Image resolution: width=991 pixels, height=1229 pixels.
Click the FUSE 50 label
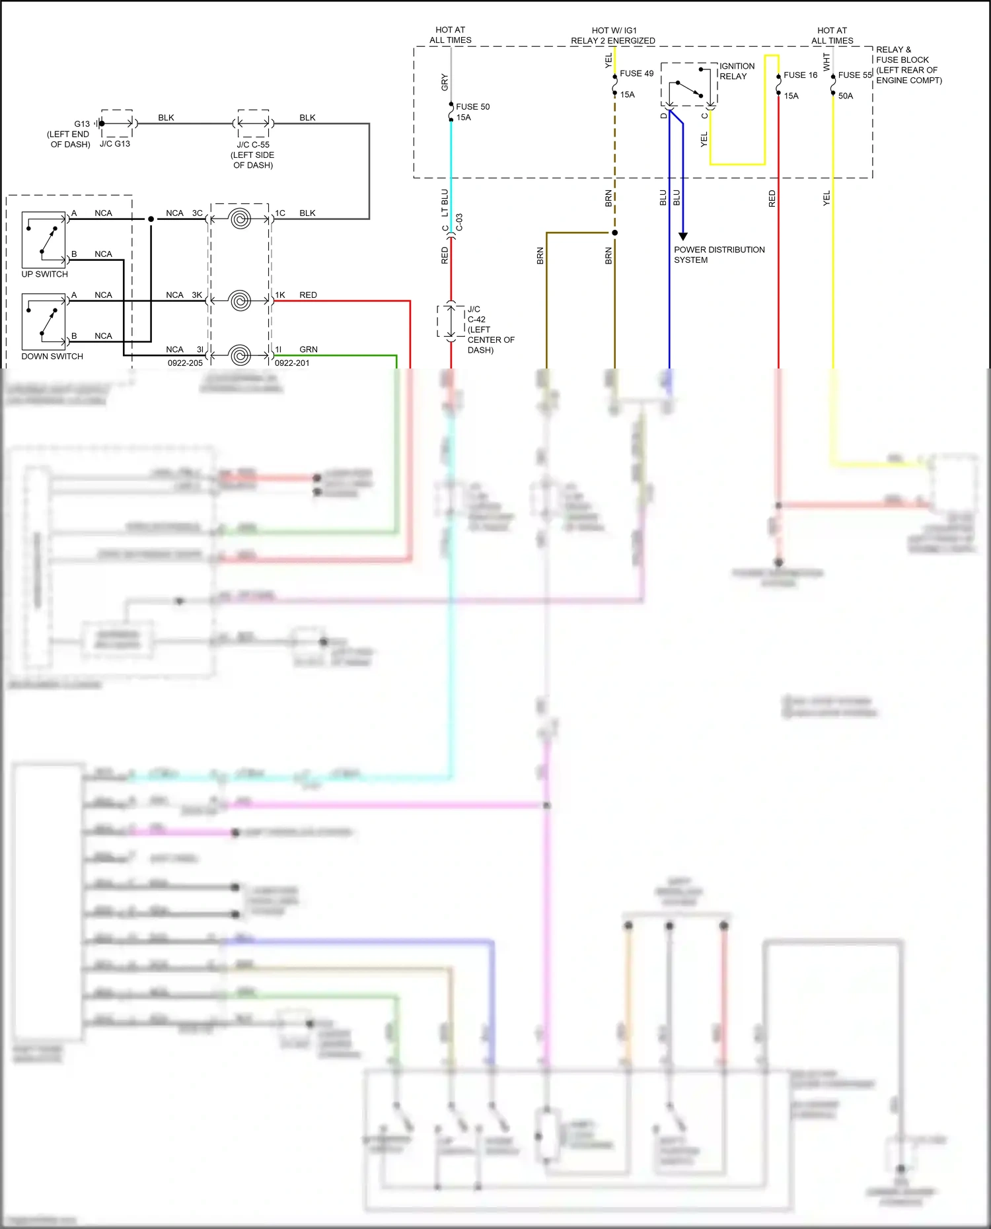[472, 106]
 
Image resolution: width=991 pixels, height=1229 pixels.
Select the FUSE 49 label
[636, 73]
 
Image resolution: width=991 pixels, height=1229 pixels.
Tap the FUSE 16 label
[800, 75]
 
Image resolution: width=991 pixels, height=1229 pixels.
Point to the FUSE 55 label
[855, 75]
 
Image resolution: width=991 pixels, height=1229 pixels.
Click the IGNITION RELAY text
[737, 71]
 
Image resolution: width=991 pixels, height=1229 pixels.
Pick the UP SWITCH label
[44, 274]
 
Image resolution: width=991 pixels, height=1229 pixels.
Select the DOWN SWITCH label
[52, 356]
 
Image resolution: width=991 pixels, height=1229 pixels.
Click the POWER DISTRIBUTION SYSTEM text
[719, 255]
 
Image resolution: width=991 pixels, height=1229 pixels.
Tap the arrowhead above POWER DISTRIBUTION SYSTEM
[683, 236]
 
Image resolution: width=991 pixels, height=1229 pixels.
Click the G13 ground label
[81, 123]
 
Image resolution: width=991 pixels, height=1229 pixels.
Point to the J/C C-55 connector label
[253, 145]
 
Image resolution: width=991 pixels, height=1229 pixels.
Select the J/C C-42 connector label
[476, 314]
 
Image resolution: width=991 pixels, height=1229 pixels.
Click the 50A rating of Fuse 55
[846, 96]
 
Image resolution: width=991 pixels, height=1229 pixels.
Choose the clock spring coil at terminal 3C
[240, 219]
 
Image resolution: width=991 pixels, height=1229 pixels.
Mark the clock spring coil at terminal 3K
[240, 300]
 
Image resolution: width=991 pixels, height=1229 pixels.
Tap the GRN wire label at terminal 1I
[308, 349]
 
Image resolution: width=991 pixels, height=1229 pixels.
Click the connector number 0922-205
[185, 363]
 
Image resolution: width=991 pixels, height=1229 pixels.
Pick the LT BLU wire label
[445, 203]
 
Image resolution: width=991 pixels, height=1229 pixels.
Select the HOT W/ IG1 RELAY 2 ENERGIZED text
[613, 36]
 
